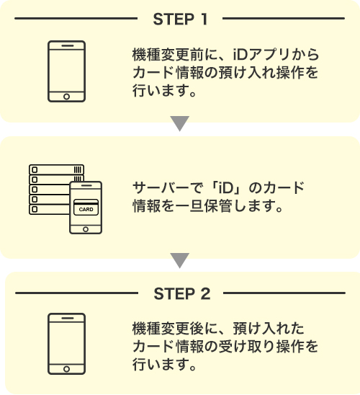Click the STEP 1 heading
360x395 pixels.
coord(181,16)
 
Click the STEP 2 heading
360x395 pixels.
coord(181,293)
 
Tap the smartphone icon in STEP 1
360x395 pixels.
coord(66,71)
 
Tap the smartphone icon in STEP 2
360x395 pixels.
coord(66,343)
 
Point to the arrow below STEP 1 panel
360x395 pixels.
coord(180,125)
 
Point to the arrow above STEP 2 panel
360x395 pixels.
coord(180,260)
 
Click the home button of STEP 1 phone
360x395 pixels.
coord(66,96)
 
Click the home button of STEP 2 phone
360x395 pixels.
coord(66,368)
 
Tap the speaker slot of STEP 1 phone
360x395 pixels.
coord(66,45)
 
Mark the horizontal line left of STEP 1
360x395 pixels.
coord(76,15)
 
